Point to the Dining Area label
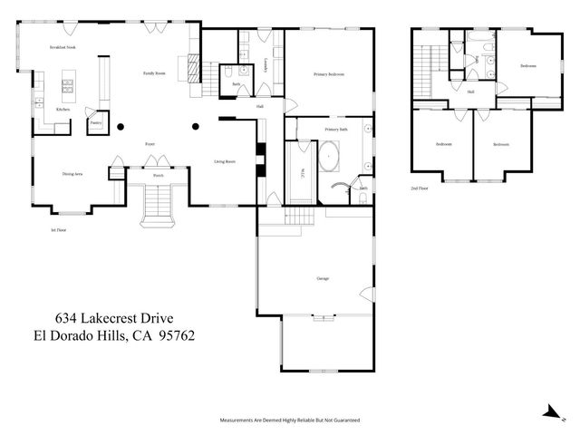(x=72, y=173)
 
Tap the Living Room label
(x=225, y=161)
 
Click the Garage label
(x=322, y=278)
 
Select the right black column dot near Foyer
(x=194, y=126)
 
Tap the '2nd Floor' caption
(x=420, y=188)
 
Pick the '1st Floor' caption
(x=60, y=230)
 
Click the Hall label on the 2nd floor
(x=471, y=92)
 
